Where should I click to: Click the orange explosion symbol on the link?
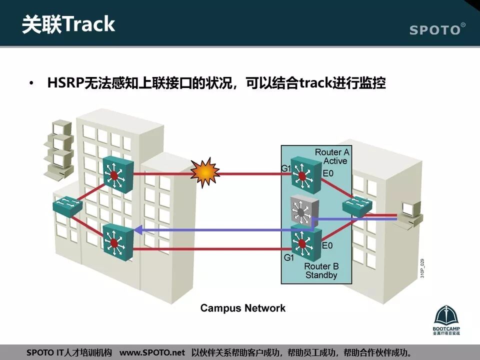coord(205,172)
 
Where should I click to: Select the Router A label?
coord(331,152)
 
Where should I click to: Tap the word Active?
coord(335,161)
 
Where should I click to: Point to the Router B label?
coord(321,266)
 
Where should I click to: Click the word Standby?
coord(321,275)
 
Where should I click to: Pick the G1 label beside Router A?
coord(286,169)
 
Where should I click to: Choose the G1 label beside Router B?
coord(289,258)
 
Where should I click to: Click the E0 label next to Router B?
coord(327,245)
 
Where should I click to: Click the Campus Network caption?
coord(243,308)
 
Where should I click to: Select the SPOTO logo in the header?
coord(436,29)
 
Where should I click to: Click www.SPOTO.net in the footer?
coord(152,352)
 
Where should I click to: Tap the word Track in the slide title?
coord(89,24)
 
